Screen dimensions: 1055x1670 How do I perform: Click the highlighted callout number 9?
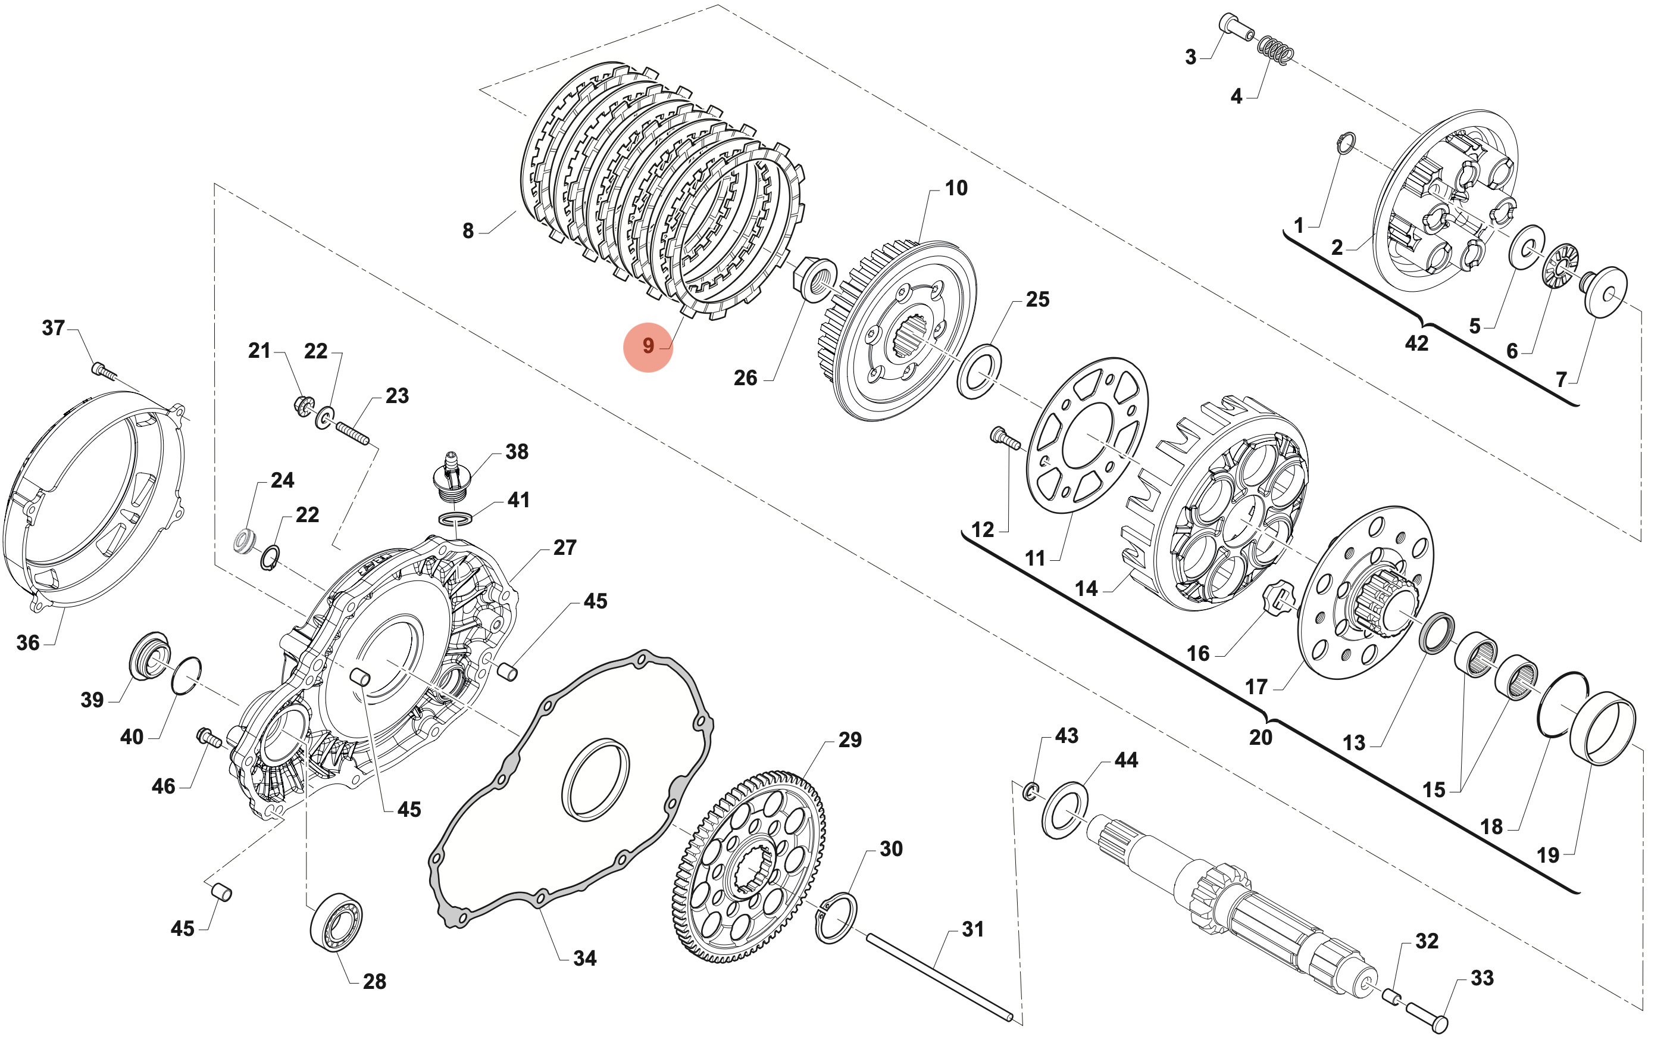[x=648, y=346]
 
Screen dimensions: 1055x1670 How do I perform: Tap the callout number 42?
[x=1416, y=344]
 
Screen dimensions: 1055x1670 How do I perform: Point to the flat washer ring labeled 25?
[x=978, y=371]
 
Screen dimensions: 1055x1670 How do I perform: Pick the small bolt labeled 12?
[x=1004, y=438]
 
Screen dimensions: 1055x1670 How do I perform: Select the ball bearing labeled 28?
[x=336, y=922]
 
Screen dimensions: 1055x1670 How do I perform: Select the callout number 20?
[x=1260, y=737]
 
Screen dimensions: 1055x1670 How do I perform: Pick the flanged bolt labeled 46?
[x=209, y=738]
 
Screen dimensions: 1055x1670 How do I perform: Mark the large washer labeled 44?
[x=1065, y=810]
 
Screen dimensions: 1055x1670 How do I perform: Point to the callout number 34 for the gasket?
[x=584, y=959]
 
